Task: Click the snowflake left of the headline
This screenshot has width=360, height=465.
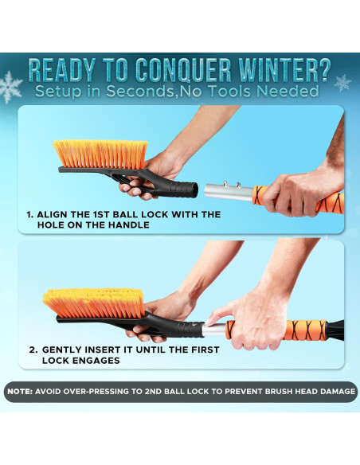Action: pos(11,84)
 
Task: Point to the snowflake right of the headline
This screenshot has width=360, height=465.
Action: pos(342,82)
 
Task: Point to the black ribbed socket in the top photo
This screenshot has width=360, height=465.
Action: pos(185,190)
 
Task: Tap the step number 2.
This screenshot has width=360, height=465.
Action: pos(32,350)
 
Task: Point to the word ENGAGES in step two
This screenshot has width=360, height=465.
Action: pos(97,361)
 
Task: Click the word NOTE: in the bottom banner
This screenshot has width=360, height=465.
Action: pos(22,392)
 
